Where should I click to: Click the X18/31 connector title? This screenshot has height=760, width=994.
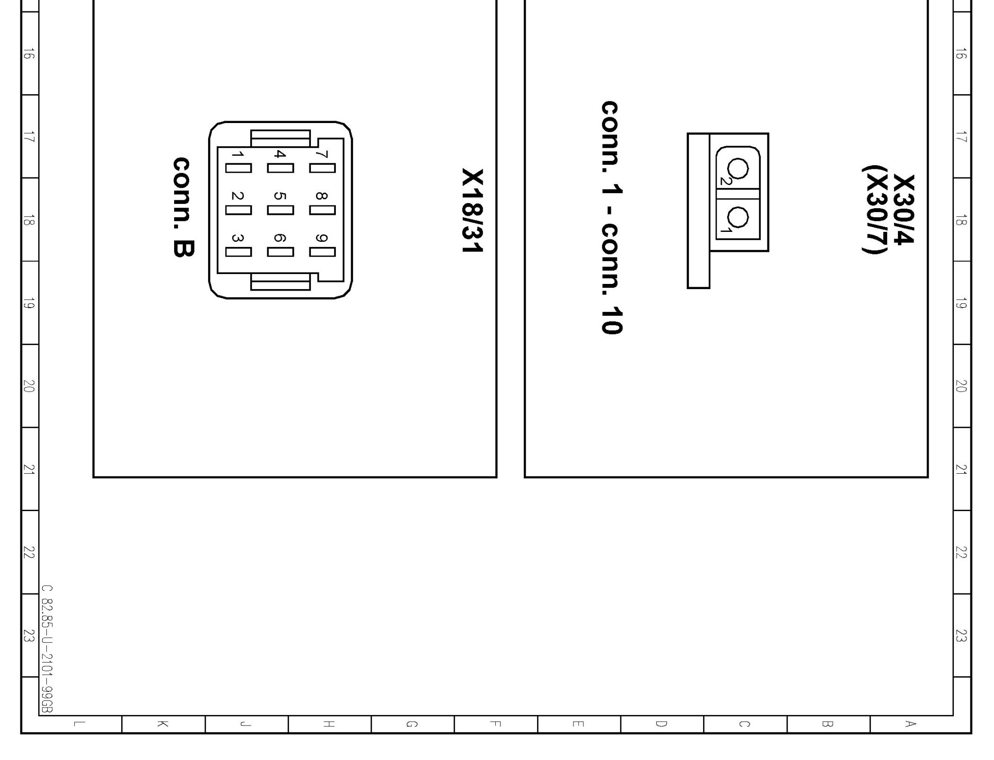pos(472,211)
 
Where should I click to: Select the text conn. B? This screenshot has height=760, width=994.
pos(183,207)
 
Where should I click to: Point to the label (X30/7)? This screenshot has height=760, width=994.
pos(872,209)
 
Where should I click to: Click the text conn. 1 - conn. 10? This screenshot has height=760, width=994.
pos(612,217)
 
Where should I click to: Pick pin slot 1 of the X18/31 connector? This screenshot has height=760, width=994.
pos(238,168)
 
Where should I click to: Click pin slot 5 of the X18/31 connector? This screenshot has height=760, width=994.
pos(280,210)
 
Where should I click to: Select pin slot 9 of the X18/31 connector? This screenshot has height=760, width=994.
pos(322,252)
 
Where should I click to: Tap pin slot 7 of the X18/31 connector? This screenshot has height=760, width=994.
pos(322,168)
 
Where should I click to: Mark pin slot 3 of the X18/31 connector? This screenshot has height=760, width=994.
pos(238,252)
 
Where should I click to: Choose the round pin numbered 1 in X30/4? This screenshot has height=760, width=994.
pos(738,217)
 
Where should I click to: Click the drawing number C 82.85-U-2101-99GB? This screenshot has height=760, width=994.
pos(47,648)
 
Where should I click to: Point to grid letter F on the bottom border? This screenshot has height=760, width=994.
pos(495,724)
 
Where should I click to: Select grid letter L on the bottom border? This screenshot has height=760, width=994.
pos(80,724)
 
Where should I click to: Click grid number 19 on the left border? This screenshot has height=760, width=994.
pos(29,303)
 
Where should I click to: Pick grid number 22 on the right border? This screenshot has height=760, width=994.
pos(961,552)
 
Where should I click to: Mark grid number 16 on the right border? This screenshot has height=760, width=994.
pos(961,53)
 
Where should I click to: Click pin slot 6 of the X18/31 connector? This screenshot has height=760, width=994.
pos(280,252)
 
